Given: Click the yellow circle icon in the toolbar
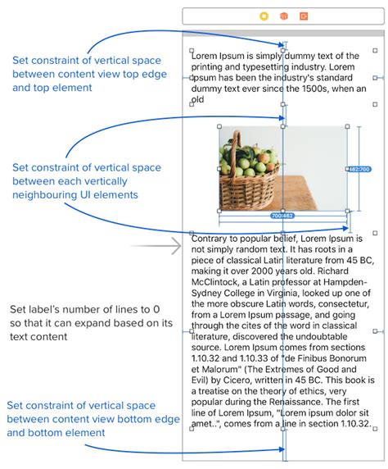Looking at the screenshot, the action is [x=264, y=16].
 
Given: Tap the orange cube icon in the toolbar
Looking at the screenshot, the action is [x=283, y=16].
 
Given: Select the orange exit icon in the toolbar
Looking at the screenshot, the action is [x=303, y=16].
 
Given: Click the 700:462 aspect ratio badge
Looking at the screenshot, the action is [x=282, y=216].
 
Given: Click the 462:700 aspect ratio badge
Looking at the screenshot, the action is [x=359, y=169].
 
